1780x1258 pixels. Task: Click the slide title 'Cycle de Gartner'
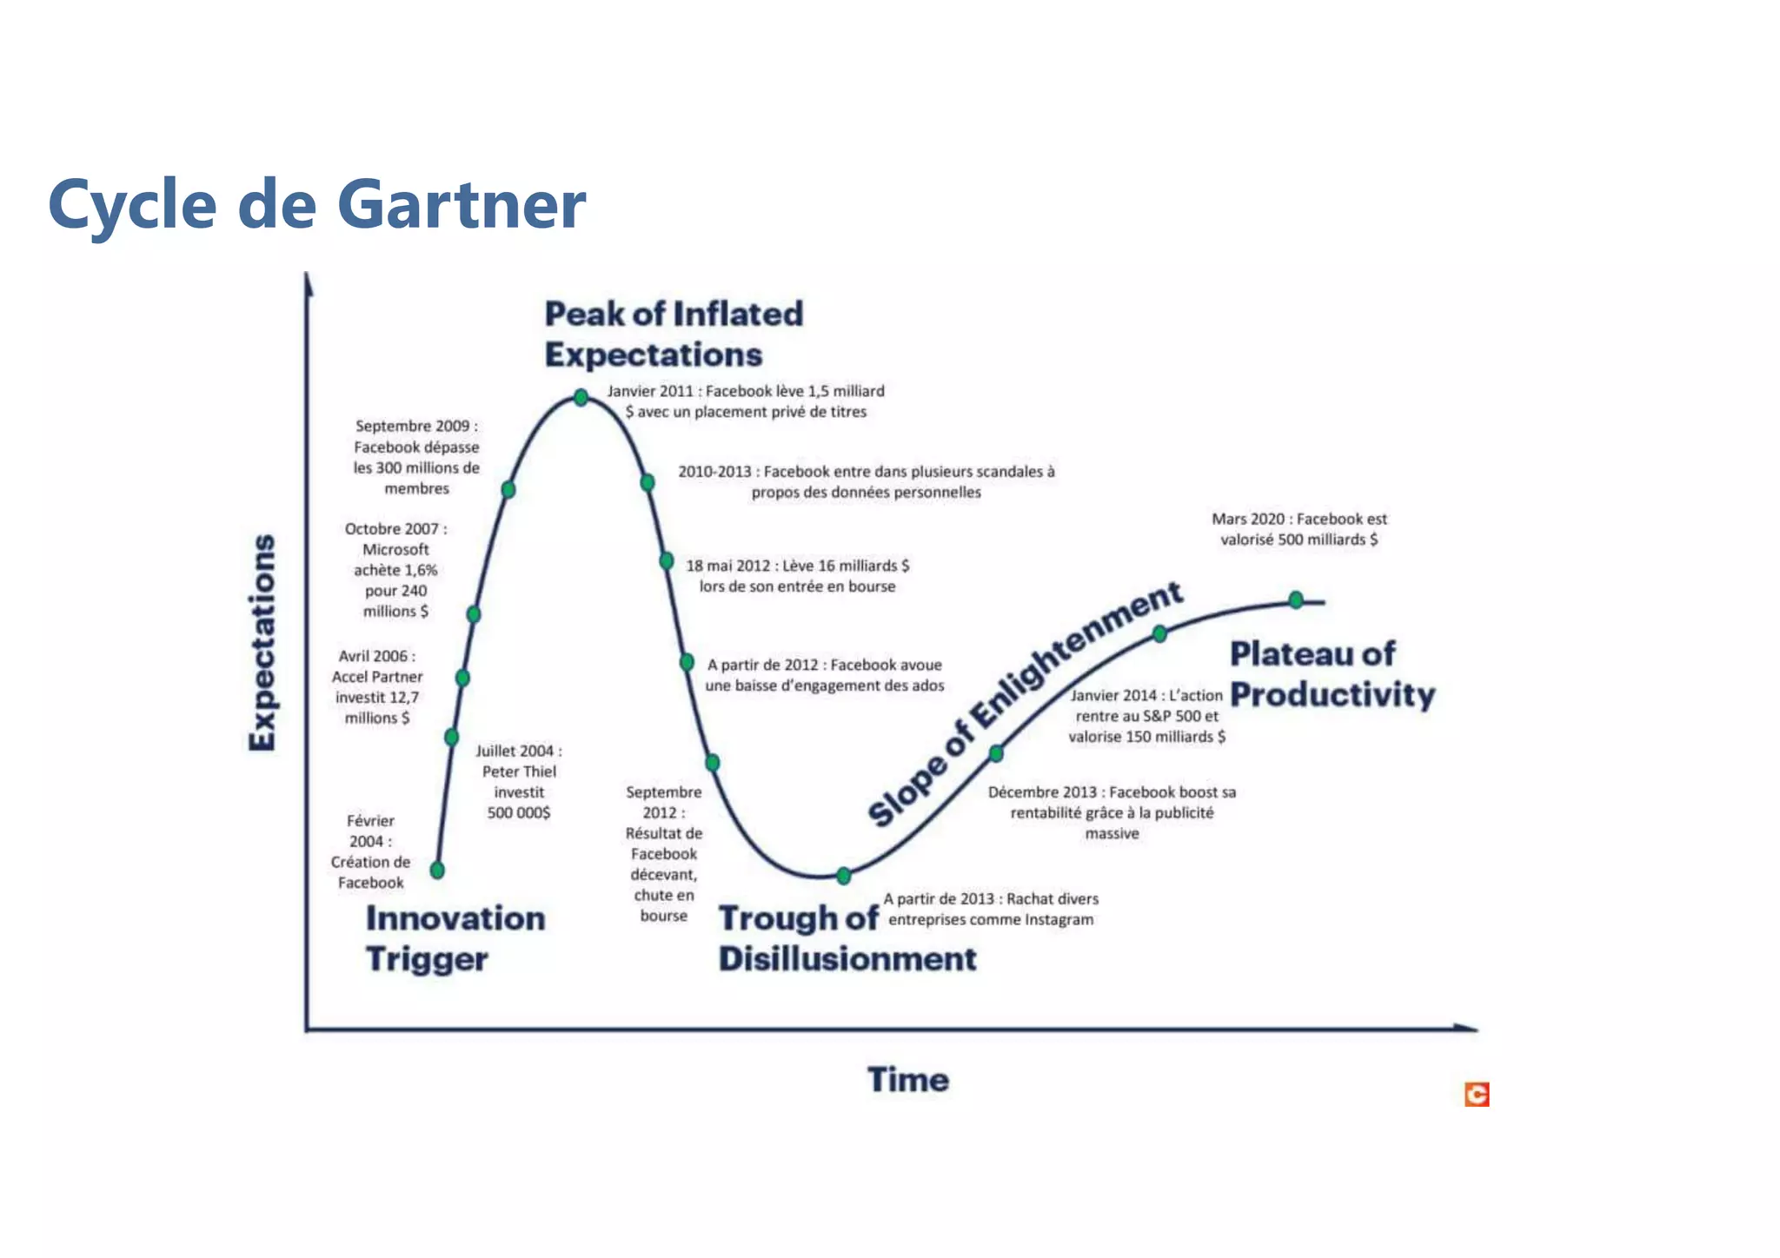click(316, 204)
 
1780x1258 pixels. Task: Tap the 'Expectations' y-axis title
click(262, 642)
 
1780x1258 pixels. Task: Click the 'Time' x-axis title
click(908, 1080)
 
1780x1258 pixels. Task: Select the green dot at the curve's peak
click(581, 398)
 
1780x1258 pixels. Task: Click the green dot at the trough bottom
click(843, 876)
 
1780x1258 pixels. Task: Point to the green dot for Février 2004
click(437, 870)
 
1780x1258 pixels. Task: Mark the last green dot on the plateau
click(1296, 599)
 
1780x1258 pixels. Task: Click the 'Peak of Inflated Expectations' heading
click(673, 334)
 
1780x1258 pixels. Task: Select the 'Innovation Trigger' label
click(455, 938)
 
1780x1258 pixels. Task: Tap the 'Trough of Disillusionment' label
click(847, 938)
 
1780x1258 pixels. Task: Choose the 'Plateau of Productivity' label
click(1332, 674)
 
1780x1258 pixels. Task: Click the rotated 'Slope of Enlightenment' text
click(1025, 703)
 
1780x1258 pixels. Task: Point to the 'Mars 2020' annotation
click(1298, 529)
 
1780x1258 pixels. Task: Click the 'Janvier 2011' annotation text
click(746, 401)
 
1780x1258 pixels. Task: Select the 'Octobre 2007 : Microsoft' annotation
click(396, 570)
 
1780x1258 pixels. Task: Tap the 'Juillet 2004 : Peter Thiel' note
click(519, 781)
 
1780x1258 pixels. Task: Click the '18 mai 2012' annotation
click(797, 576)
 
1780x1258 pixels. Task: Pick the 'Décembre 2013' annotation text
click(1112, 812)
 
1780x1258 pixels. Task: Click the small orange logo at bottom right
click(1477, 1095)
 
